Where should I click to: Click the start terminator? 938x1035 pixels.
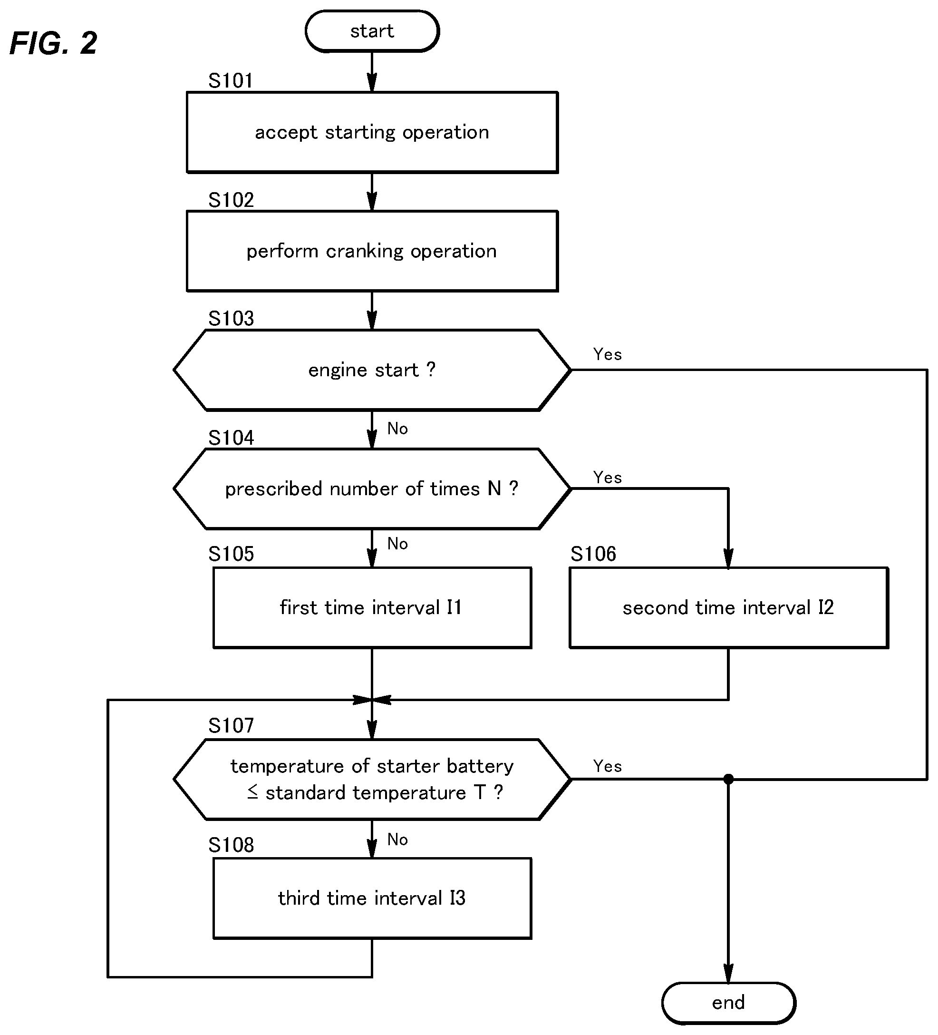pyautogui.click(x=372, y=31)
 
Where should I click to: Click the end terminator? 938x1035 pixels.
pyautogui.click(x=728, y=1003)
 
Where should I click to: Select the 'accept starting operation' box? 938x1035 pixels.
pyautogui.click(x=372, y=132)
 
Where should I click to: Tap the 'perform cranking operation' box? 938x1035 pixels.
pyautogui.click(x=372, y=251)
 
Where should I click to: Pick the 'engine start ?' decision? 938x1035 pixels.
pyautogui.click(x=372, y=370)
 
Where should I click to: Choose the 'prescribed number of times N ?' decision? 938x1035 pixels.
pyautogui.click(x=372, y=489)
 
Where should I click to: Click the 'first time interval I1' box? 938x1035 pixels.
pyautogui.click(x=372, y=608)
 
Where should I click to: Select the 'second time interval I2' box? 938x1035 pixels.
pyautogui.click(x=729, y=608)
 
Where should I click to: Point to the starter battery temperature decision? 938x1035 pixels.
pyautogui.click(x=372, y=779)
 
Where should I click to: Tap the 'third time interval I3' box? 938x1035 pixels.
pyautogui.click(x=372, y=898)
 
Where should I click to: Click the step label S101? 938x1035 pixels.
pyautogui.click(x=231, y=80)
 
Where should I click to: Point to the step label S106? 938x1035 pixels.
pyautogui.click(x=593, y=554)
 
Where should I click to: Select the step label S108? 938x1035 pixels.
pyautogui.click(x=231, y=845)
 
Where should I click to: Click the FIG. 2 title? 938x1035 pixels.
pyautogui.click(x=53, y=43)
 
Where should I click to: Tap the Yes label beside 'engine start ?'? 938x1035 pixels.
pyautogui.click(x=608, y=354)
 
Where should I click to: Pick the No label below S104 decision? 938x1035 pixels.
pyautogui.click(x=397, y=543)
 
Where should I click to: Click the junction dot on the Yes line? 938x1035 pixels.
pyautogui.click(x=728, y=779)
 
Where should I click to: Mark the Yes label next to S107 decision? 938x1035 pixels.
pyautogui.click(x=608, y=766)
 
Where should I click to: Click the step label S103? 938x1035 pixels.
pyautogui.click(x=231, y=318)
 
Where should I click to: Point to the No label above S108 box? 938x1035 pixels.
pyautogui.click(x=397, y=839)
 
